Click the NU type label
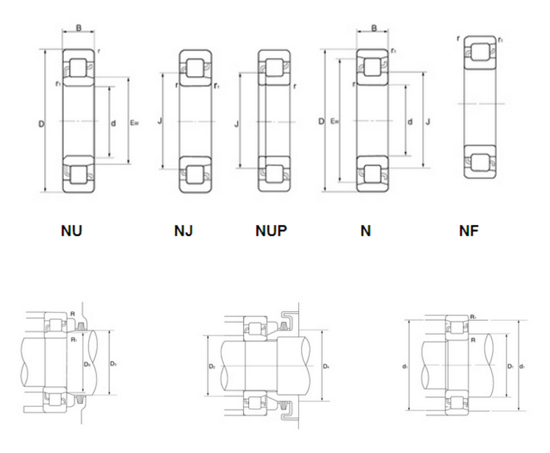(71, 231)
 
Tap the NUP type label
(271, 231)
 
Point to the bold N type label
(365, 231)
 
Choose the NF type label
(468, 231)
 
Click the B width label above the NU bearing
(79, 30)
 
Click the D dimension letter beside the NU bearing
(41, 125)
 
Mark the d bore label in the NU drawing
(113, 124)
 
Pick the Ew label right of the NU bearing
(134, 124)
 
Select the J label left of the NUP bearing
(236, 125)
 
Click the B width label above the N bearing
(374, 30)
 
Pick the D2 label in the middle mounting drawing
(211, 365)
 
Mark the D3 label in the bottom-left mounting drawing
(113, 364)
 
